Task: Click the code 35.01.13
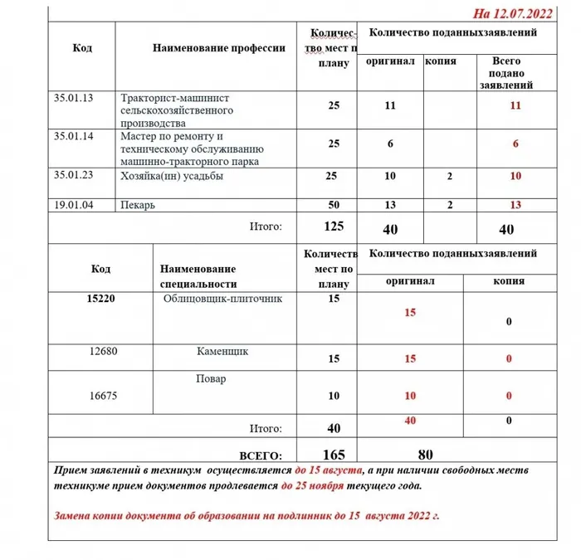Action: pos(73,99)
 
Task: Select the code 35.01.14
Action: pos(73,134)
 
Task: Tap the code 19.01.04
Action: pos(73,205)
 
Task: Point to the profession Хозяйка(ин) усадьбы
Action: pos(172,176)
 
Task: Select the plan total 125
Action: pos(334,226)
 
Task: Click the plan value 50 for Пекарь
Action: pos(334,205)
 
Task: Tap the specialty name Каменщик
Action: pos(222,352)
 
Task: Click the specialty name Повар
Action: pos(213,379)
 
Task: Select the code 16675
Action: pos(103,397)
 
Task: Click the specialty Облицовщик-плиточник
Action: pos(223,299)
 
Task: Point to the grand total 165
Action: pos(334,455)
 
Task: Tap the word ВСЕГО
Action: pos(261,455)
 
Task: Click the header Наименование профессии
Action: pos(219,48)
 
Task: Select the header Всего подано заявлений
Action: pos(506,73)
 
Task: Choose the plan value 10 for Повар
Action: pos(334,397)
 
